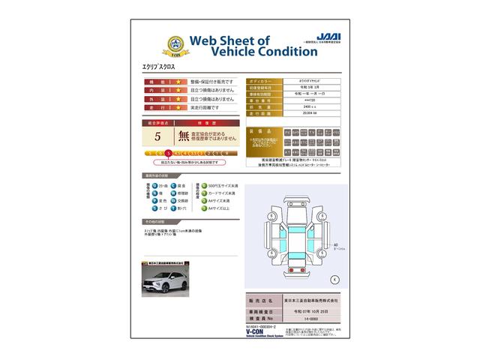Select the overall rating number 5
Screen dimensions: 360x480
157,136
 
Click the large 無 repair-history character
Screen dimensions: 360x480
184,136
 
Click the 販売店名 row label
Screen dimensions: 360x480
262,300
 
